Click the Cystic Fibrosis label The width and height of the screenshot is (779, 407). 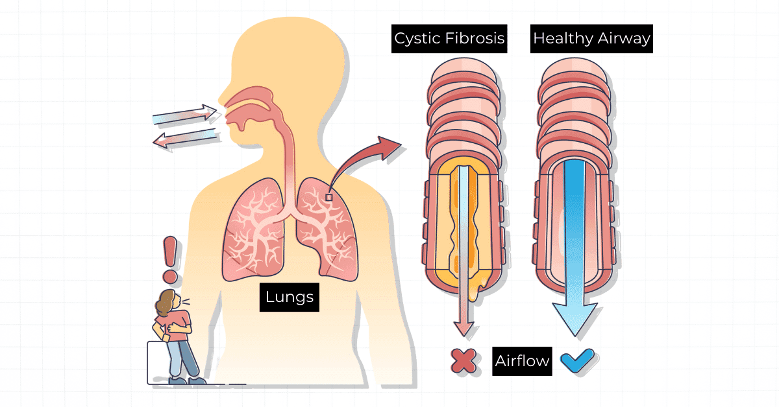(x=449, y=38)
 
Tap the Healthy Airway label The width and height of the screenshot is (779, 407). (x=591, y=38)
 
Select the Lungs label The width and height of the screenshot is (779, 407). (x=290, y=297)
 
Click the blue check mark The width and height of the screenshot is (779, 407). (x=576, y=360)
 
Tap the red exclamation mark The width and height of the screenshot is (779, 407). (x=170, y=259)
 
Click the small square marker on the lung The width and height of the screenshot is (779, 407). (x=329, y=197)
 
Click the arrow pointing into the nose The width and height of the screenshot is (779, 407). (x=184, y=115)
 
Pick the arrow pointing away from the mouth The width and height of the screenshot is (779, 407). (x=184, y=137)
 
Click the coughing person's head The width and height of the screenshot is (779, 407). (x=167, y=301)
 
